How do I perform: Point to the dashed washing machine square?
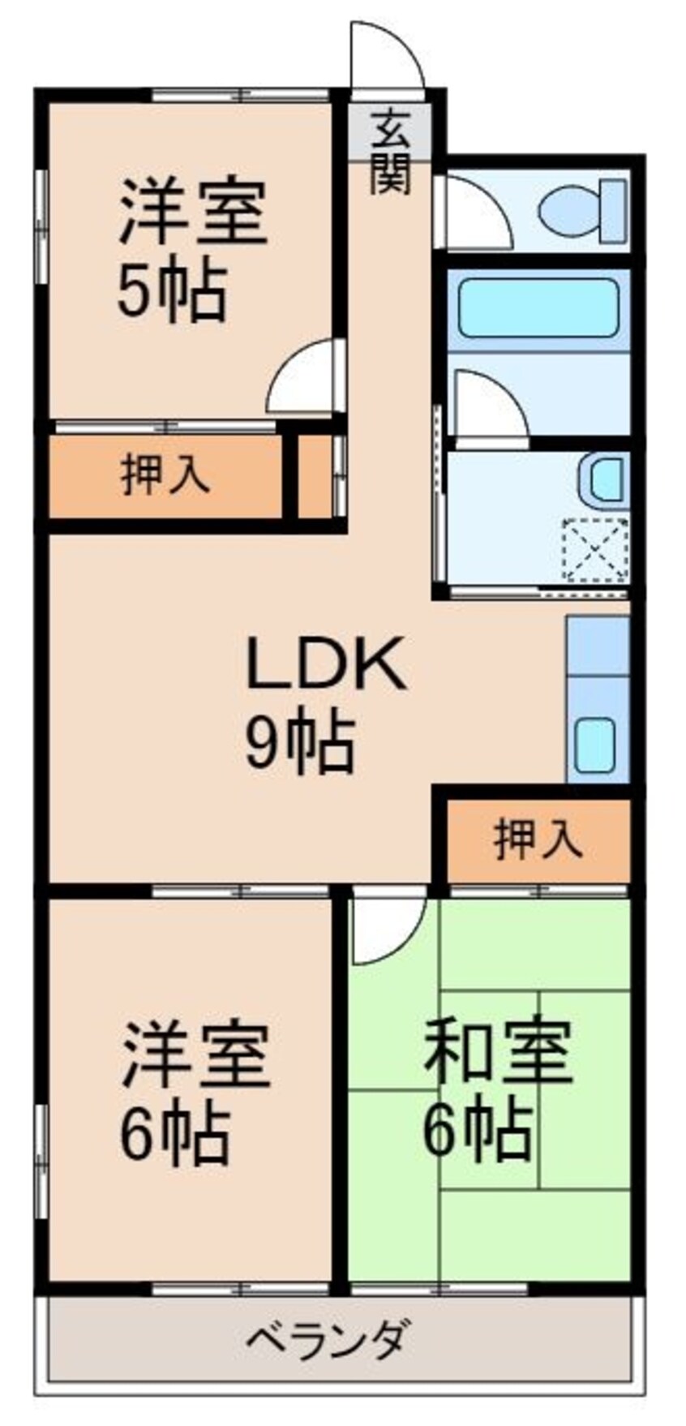coord(596,549)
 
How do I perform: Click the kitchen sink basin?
coord(598,745)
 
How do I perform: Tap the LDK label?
coord(324,663)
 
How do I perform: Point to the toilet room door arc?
coord(478,213)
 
